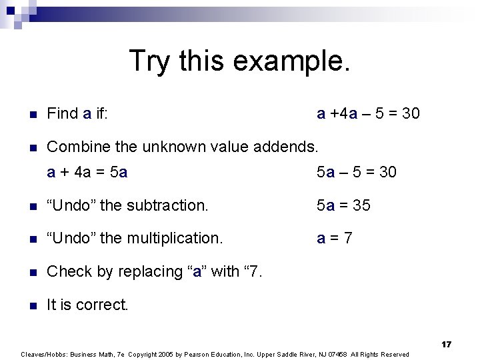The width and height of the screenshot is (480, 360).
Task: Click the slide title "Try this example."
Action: tap(239, 60)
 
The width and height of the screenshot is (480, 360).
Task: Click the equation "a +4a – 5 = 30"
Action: tap(368, 113)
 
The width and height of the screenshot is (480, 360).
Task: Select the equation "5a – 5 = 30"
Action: tap(356, 172)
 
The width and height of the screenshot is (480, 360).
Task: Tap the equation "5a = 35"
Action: tap(343, 205)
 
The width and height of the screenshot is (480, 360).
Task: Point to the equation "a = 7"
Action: tap(334, 238)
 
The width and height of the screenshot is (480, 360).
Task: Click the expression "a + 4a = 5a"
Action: tap(87, 172)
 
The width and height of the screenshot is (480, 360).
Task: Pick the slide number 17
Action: tap(446, 344)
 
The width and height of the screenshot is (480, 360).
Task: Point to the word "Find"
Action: tap(63, 113)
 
